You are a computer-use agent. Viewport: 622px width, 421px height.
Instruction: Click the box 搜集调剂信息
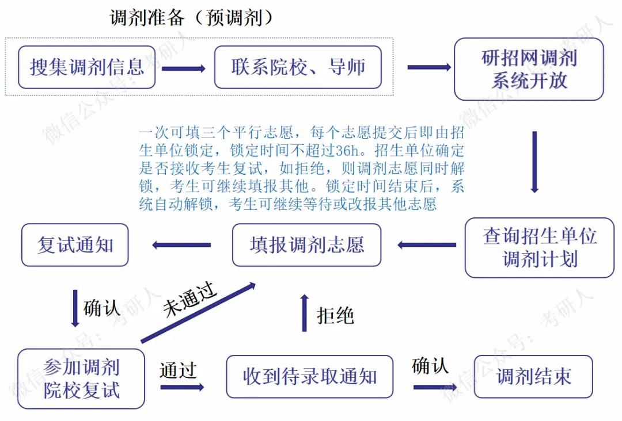(86, 67)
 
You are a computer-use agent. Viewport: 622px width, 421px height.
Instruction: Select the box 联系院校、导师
(298, 67)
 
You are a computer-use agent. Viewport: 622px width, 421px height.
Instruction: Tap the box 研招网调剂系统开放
(529, 69)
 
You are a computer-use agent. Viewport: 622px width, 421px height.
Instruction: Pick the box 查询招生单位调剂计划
(539, 247)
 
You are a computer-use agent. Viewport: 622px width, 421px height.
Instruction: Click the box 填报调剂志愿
(306, 245)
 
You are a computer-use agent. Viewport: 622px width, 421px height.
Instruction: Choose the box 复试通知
(75, 245)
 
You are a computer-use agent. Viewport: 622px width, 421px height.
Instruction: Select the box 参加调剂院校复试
(81, 378)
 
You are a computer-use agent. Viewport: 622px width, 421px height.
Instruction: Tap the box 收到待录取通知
(309, 377)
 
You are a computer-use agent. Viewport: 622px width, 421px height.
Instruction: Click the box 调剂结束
(533, 377)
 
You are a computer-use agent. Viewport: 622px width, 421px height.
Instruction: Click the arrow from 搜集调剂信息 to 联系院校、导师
(184, 68)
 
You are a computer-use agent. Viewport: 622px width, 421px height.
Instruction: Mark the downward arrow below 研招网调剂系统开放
(534, 162)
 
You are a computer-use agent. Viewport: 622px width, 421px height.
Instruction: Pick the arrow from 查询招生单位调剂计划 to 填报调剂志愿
(426, 246)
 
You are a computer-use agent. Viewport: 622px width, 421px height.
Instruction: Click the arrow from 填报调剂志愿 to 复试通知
(181, 246)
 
